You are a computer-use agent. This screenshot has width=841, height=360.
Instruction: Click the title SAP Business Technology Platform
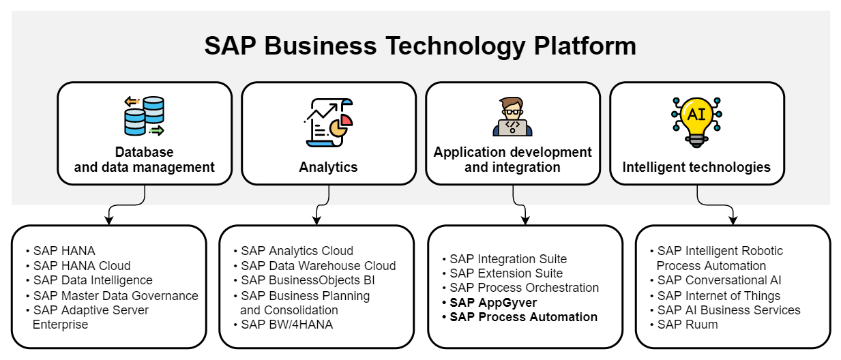(420, 46)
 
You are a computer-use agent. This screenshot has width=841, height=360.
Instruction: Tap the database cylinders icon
(144, 116)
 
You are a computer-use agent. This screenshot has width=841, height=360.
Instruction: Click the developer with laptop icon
(512, 117)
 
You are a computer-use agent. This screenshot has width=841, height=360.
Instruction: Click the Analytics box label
(328, 167)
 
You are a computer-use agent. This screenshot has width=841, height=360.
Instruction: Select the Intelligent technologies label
(696, 167)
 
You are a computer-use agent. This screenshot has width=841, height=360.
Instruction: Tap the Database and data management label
(144, 160)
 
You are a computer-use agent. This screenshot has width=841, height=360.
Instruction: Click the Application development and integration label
(512, 160)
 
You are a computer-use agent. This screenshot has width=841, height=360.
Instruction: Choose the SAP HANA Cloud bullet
(81, 266)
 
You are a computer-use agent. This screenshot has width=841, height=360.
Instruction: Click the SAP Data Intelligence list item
(92, 280)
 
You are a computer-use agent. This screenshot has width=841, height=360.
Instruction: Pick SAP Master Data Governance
(115, 296)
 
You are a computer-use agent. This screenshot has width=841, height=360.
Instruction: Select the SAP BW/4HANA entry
(286, 325)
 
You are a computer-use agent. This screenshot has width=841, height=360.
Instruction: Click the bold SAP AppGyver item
(493, 303)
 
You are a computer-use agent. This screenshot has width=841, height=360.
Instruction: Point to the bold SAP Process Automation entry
(523, 317)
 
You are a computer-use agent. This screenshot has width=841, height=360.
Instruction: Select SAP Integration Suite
(508, 259)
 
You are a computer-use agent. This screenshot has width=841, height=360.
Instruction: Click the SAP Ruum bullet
(687, 325)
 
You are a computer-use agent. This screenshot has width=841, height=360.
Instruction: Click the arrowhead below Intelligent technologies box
(733, 220)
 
